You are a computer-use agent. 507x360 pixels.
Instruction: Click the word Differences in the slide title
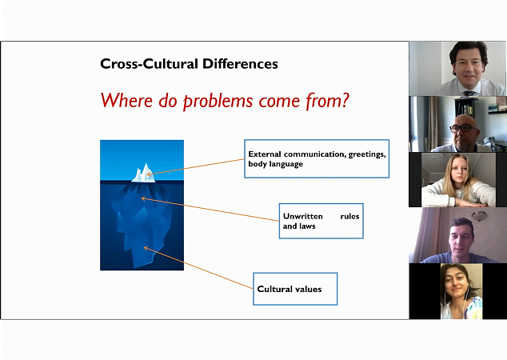240,64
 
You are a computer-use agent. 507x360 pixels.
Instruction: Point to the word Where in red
126,100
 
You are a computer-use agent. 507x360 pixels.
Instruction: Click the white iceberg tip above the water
143,173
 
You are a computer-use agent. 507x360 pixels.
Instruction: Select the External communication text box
317,159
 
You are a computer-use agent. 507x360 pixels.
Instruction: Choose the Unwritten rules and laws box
321,222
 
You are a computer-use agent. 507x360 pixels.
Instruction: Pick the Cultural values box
295,289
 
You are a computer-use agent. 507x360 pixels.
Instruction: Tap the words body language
275,164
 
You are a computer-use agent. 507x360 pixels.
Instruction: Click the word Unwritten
302,216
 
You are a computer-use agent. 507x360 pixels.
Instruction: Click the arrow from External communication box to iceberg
195,167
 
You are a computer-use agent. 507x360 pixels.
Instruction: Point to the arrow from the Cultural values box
198,267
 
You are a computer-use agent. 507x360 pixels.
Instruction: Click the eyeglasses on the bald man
463,128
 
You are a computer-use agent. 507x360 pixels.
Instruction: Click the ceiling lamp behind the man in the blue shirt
479,215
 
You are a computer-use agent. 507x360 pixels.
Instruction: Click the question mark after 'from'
345,100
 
